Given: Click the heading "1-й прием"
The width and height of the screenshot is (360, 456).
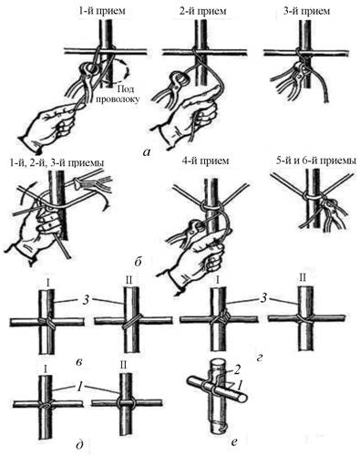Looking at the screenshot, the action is (102, 11).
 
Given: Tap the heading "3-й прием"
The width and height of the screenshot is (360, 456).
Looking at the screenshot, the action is (306, 11).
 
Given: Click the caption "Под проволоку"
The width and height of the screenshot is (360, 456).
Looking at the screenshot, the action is (123, 94).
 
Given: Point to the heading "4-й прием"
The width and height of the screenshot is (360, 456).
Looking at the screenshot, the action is (205, 161).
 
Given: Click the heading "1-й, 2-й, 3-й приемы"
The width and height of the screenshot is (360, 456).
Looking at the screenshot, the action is (57, 162).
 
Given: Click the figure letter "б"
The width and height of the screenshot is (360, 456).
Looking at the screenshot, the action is (138, 261).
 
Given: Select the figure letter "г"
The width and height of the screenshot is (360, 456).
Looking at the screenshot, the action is (259, 359).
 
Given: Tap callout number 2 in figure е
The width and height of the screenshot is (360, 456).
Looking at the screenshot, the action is (238, 370).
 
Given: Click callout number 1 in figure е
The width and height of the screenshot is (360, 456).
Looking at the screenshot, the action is (240, 385).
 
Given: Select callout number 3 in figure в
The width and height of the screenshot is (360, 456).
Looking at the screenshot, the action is (87, 300).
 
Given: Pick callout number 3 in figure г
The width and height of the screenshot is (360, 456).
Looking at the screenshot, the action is (263, 298).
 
